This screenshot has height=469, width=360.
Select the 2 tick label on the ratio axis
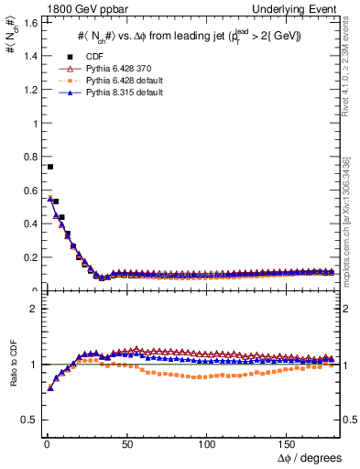tap(31, 309)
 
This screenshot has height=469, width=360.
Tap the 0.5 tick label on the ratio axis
tap(27, 420)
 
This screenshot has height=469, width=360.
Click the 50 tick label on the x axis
tap(125, 444)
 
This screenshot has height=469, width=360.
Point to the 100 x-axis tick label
tap(207, 444)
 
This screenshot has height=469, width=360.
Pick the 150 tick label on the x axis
tap(288, 444)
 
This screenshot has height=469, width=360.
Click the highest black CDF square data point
tap(49, 167)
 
